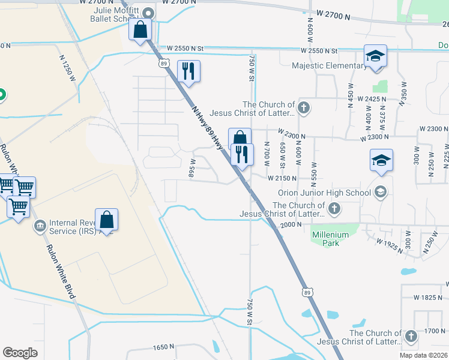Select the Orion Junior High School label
(x=324, y=193)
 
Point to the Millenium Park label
(x=326, y=239)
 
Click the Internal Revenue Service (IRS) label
(x=71, y=226)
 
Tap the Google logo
(x=20, y=353)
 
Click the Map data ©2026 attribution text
(x=422, y=355)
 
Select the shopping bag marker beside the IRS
(x=106, y=220)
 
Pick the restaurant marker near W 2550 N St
(x=189, y=71)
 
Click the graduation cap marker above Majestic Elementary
(x=376, y=56)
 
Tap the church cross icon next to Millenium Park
(x=335, y=209)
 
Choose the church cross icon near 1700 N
(x=411, y=337)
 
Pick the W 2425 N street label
(x=374, y=98)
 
